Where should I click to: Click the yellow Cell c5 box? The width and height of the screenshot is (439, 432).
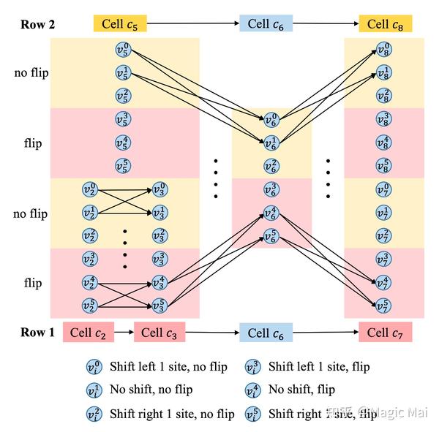(120, 24)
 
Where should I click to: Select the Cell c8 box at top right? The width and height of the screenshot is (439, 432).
(386, 24)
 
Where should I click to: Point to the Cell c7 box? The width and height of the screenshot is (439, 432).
(386, 333)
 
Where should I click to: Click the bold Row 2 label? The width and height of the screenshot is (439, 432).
(37, 24)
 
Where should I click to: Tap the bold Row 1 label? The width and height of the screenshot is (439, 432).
(37, 333)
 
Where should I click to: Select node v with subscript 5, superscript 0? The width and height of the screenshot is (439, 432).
(124, 50)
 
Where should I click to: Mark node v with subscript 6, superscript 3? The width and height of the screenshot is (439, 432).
(271, 189)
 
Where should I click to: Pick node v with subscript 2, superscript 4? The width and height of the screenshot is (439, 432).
(90, 283)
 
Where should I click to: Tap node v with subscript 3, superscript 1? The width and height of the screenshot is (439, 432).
(159, 213)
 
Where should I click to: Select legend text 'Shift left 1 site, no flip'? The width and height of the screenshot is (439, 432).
(168, 366)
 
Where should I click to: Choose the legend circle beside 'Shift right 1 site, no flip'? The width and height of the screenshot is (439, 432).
(94, 414)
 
